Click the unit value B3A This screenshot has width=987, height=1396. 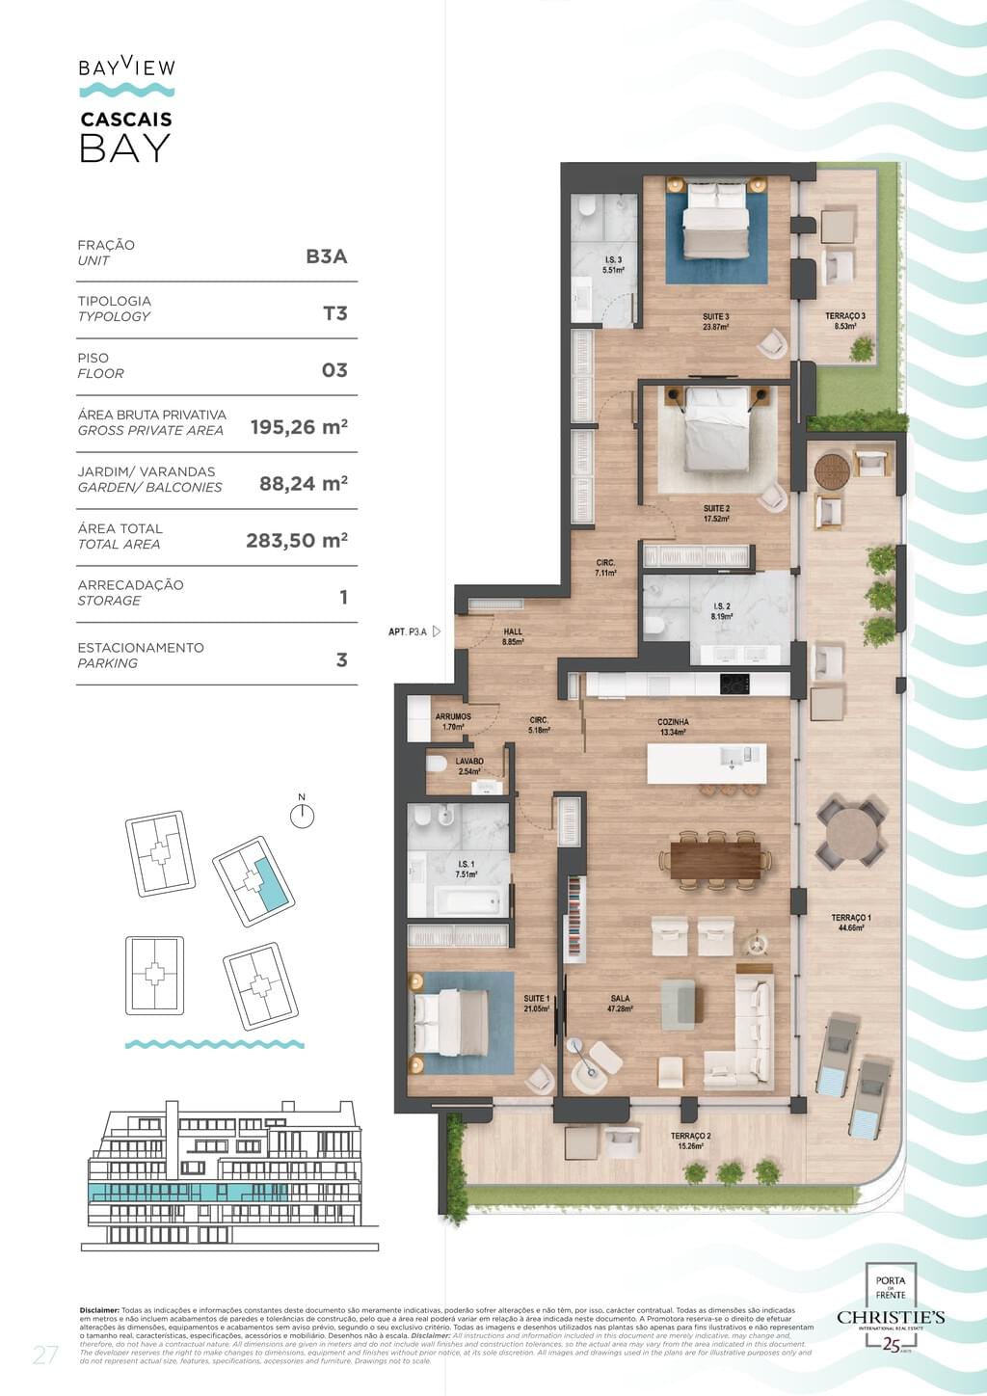pyautogui.click(x=326, y=256)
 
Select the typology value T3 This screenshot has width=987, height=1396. pyautogui.click(x=334, y=313)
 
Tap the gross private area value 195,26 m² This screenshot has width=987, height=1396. pyautogui.click(x=299, y=427)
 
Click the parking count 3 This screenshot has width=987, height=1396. pyautogui.click(x=341, y=660)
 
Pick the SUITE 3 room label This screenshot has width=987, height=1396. pyautogui.click(x=715, y=322)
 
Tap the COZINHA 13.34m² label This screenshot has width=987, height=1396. pyautogui.click(x=673, y=727)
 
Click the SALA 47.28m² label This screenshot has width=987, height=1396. pyautogui.click(x=620, y=1004)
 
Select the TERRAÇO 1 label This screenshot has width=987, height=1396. pyautogui.click(x=851, y=923)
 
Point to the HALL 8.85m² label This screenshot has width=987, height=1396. pyautogui.click(x=513, y=636)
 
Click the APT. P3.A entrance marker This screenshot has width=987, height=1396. pyautogui.click(x=413, y=631)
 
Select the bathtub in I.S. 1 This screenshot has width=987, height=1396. pyautogui.click(x=467, y=902)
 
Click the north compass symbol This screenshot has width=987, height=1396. pyautogui.click(x=302, y=816)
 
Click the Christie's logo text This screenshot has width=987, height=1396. pyautogui.click(x=891, y=1317)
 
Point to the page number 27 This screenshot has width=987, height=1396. pyautogui.click(x=45, y=1355)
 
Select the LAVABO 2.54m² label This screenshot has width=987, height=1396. pyautogui.click(x=469, y=766)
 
